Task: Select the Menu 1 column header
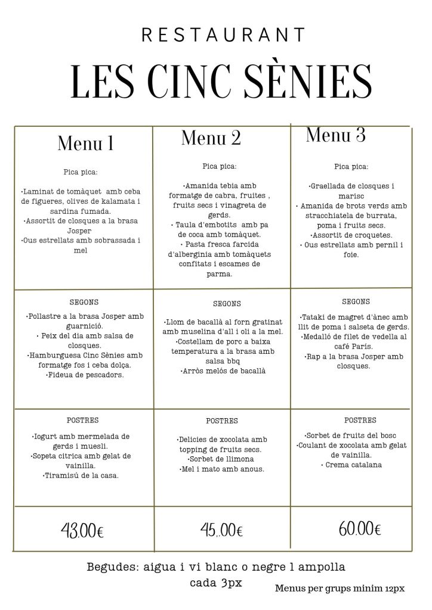pyautogui.click(x=85, y=144)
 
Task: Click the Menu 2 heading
pyautogui.click(x=211, y=138)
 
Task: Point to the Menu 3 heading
pyautogui.click(x=336, y=135)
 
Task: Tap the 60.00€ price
pyautogui.click(x=360, y=528)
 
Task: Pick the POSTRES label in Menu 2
pyautogui.click(x=222, y=421)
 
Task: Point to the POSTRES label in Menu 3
pyautogui.click(x=360, y=420)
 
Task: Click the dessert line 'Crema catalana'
pyautogui.click(x=352, y=465)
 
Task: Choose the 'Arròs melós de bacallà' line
pyautogui.click(x=223, y=371)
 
